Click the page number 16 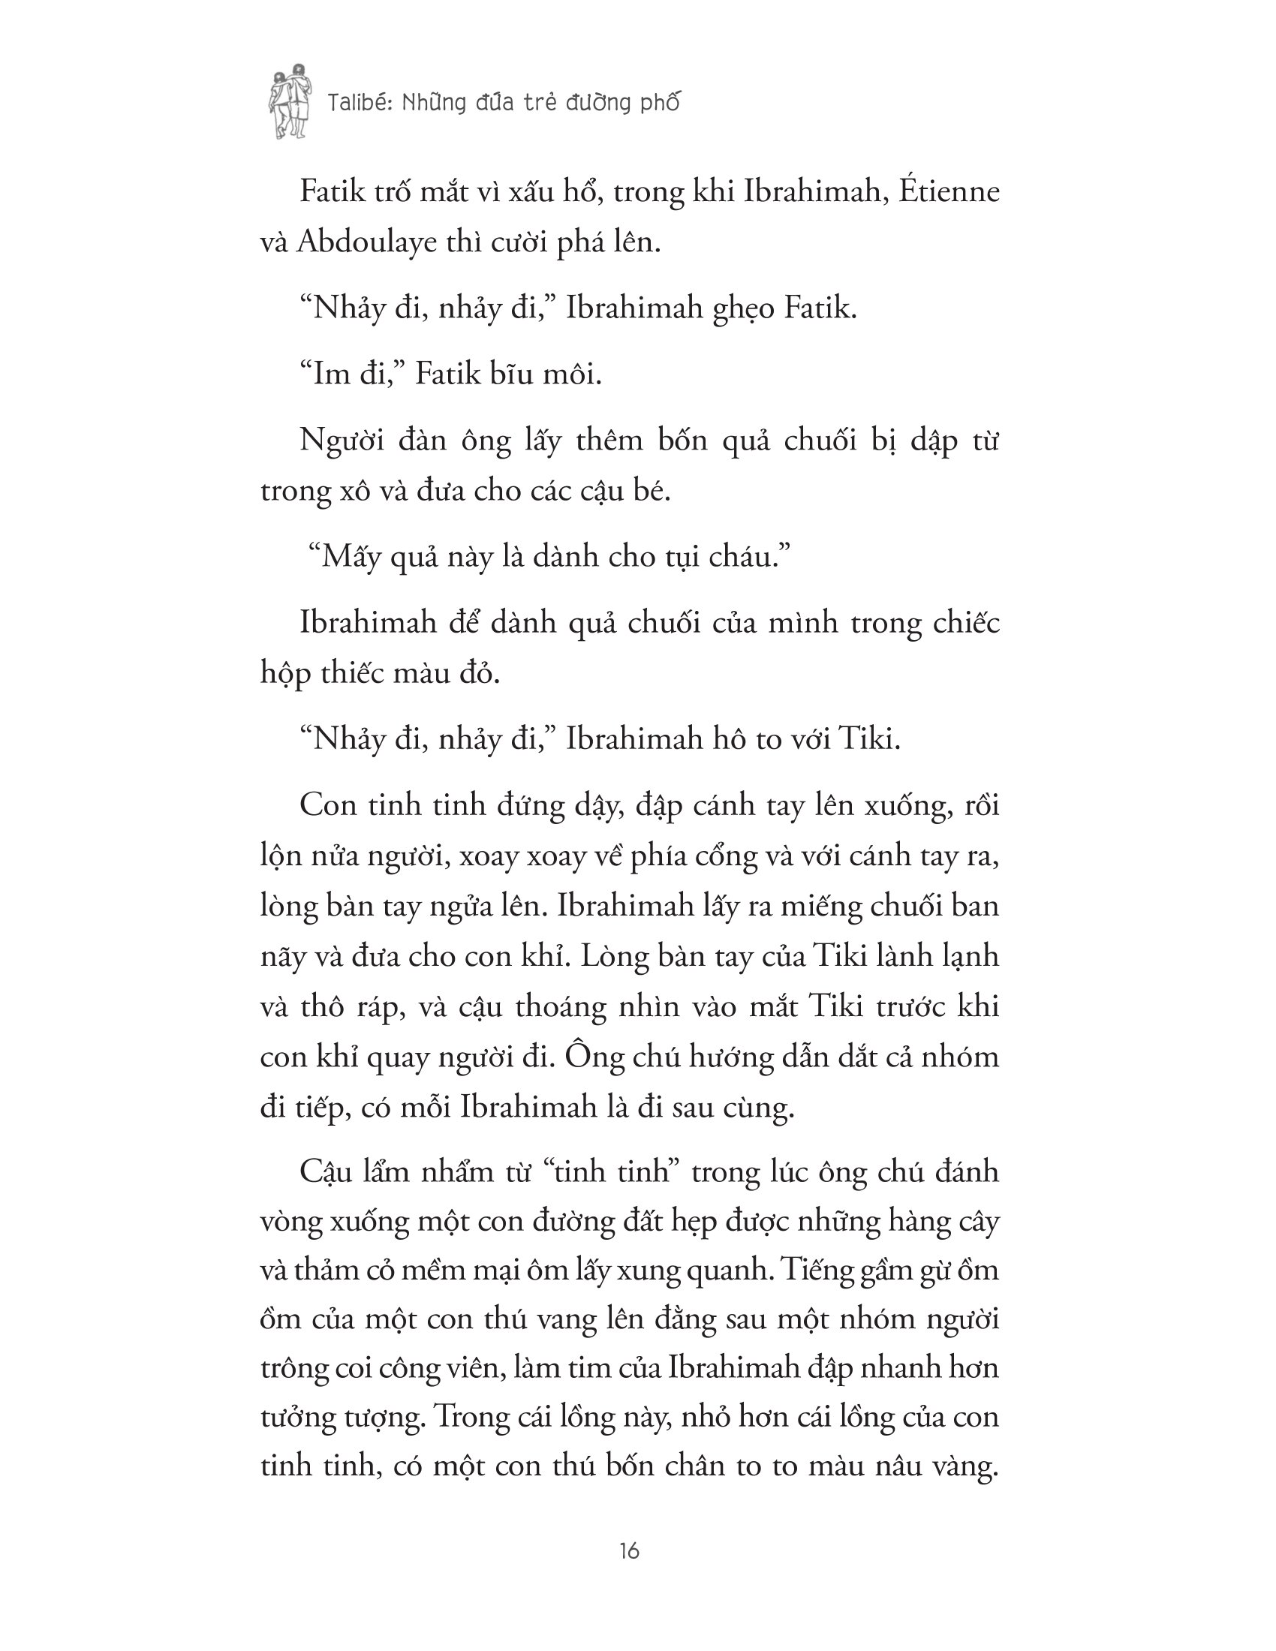(x=629, y=1551)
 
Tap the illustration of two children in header (x=290, y=101)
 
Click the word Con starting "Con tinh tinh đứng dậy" (x=329, y=804)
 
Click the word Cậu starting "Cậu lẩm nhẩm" (x=330, y=1171)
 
